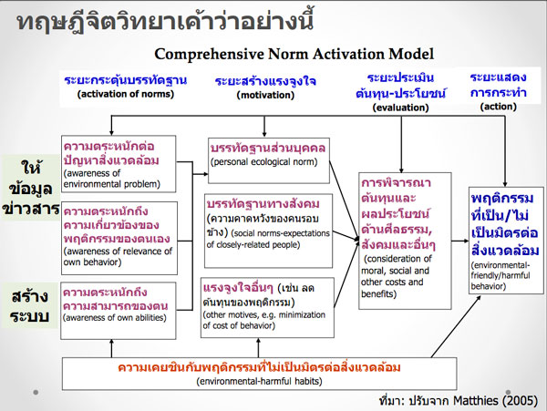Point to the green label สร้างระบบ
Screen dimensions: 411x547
coord(30,305)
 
